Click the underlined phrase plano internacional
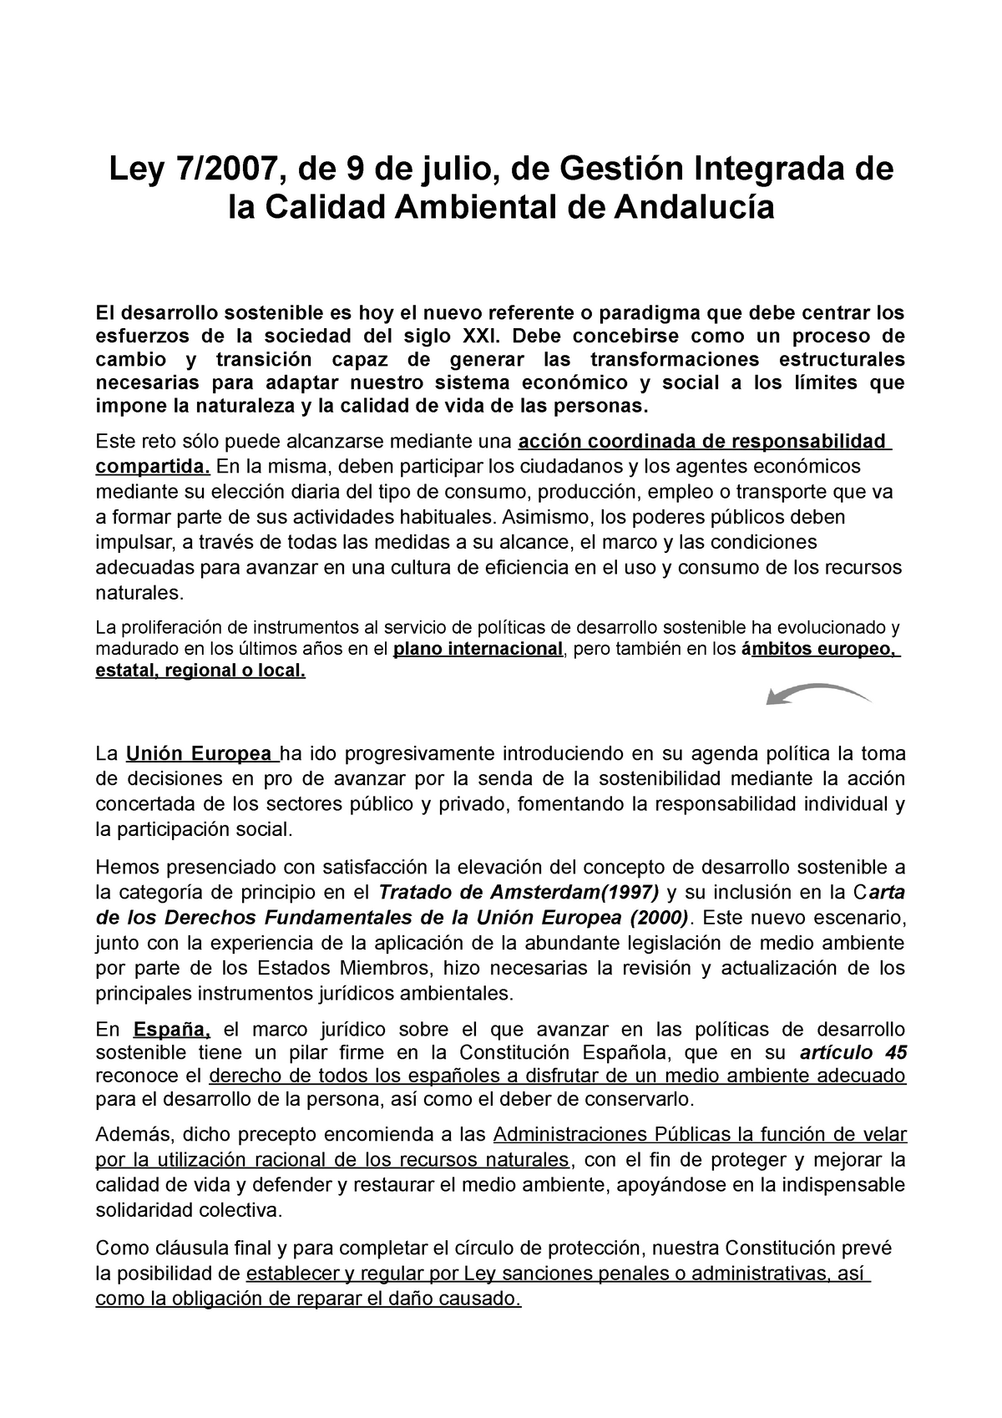pos(478,649)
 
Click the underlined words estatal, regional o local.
pos(201,671)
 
